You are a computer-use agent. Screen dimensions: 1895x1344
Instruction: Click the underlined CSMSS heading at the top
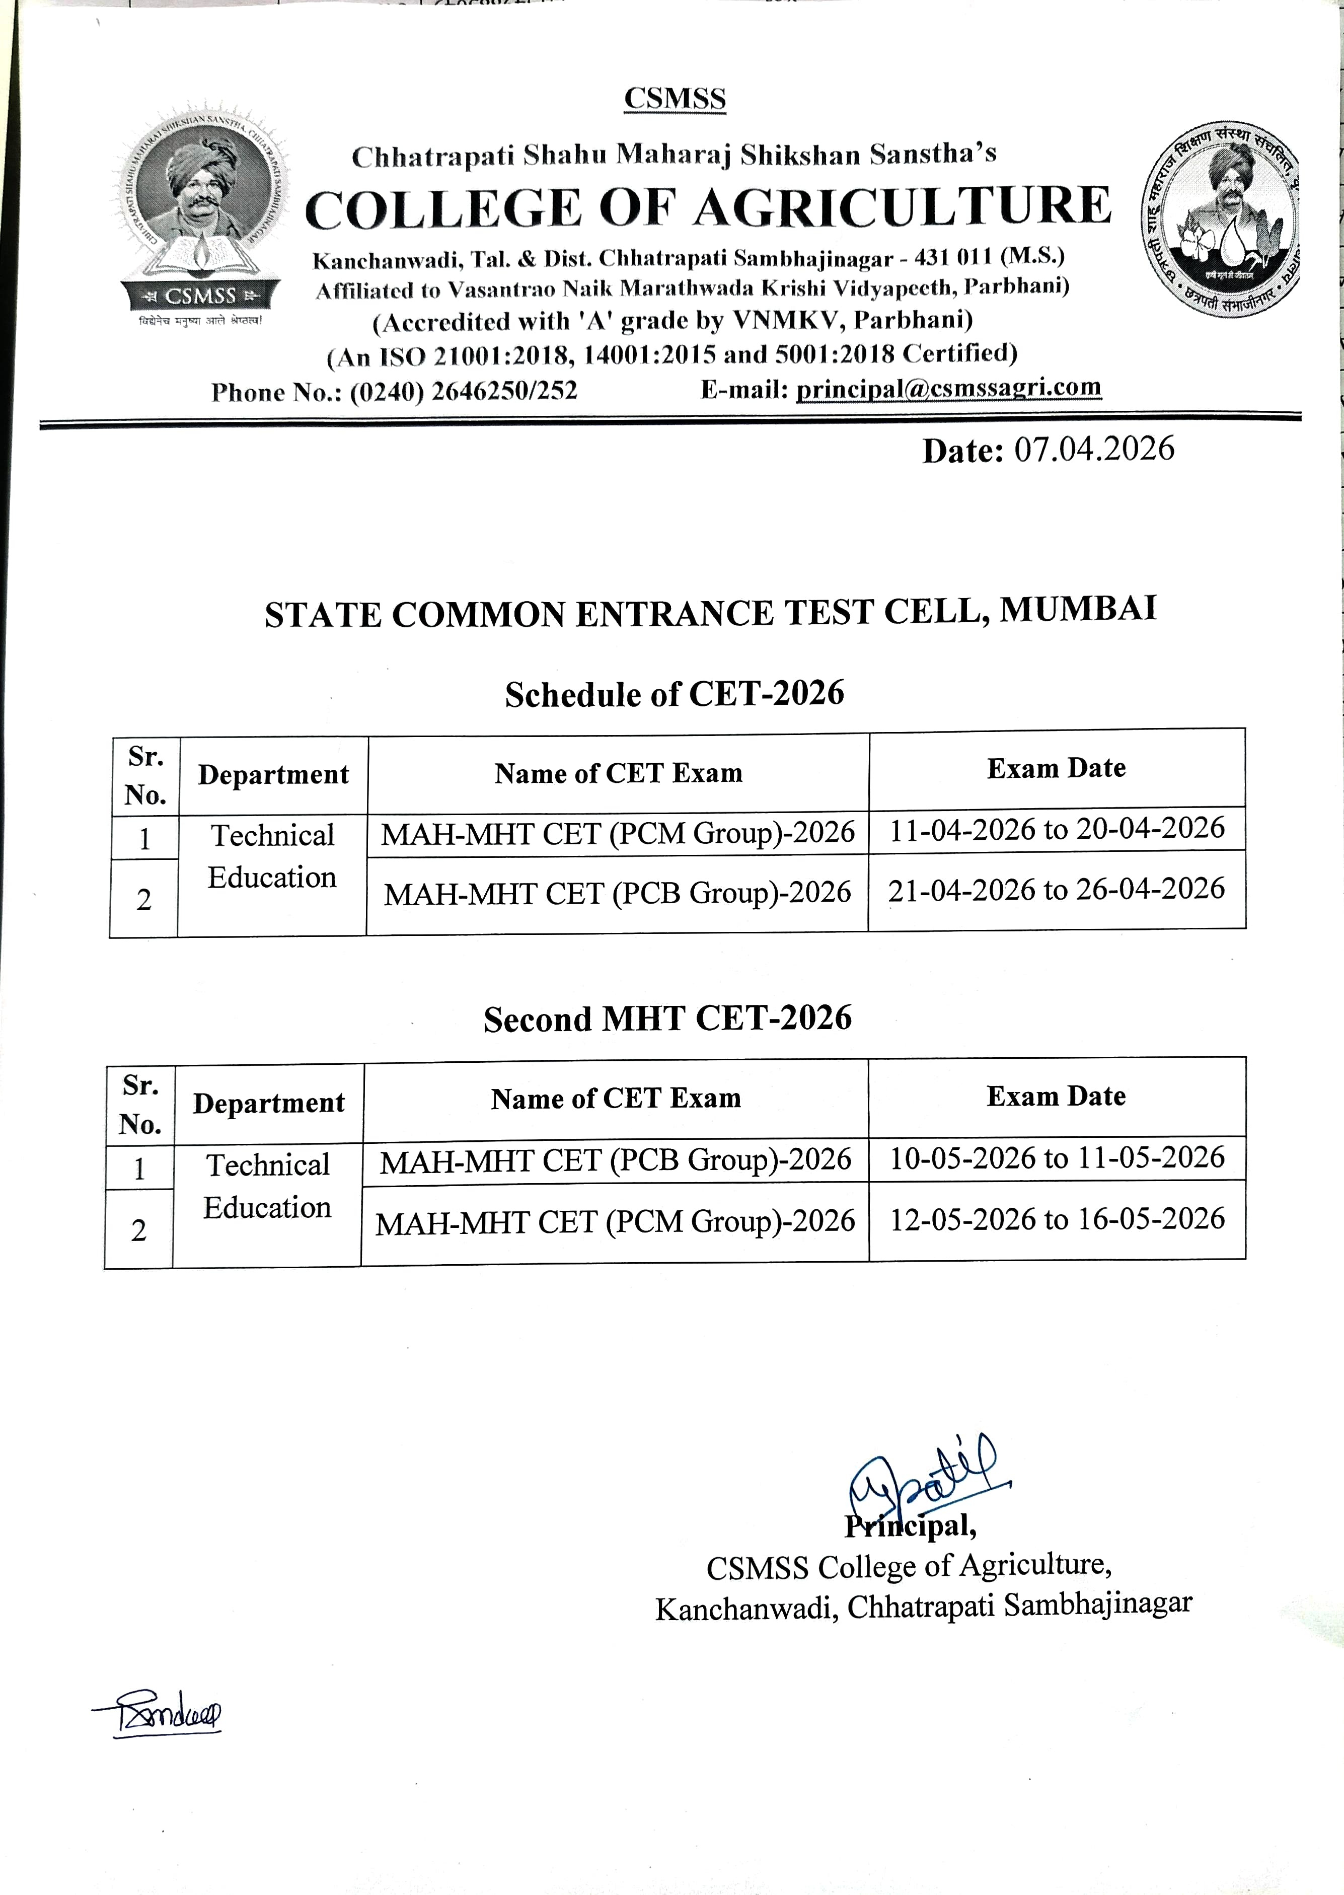[675, 99]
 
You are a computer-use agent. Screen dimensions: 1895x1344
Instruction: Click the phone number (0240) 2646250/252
[464, 391]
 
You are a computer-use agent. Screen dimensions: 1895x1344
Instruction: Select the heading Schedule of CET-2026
[675, 693]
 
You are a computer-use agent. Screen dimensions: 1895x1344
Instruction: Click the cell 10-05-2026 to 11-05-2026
[1057, 1157]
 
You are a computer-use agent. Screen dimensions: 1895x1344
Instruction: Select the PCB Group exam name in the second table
[616, 1160]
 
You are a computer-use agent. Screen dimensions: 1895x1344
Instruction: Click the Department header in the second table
[269, 1103]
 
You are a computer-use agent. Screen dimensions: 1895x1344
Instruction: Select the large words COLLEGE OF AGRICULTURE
[708, 208]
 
